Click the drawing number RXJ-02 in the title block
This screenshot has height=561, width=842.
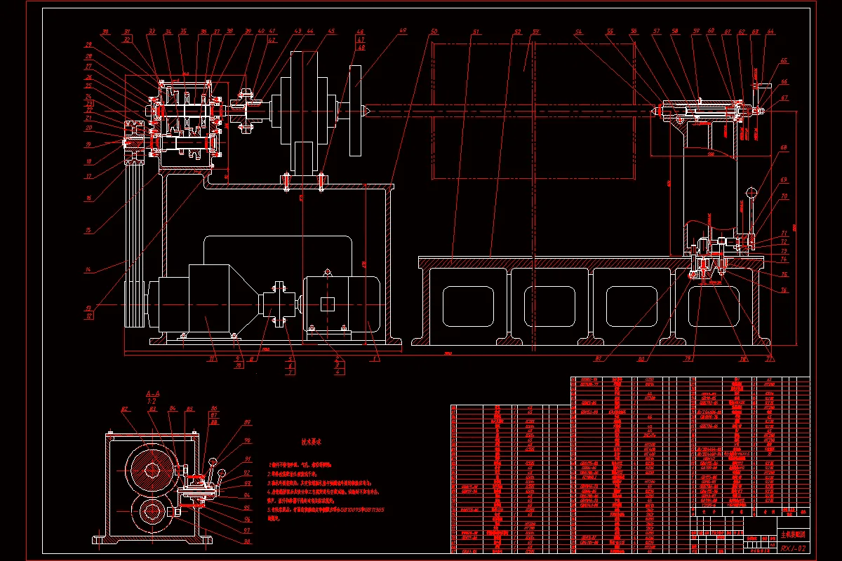793,547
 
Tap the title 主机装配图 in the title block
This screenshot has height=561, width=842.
793,534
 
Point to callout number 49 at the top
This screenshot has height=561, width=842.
403,32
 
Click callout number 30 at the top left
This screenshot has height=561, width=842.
106,32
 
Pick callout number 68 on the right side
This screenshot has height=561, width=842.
784,148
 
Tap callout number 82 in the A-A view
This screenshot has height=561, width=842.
124,409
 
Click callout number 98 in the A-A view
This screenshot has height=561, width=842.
246,541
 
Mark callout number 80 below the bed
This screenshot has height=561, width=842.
641,360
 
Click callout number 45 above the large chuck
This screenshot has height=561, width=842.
331,32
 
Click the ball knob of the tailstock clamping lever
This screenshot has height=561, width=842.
751,191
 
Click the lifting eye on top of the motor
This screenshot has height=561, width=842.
326,272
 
